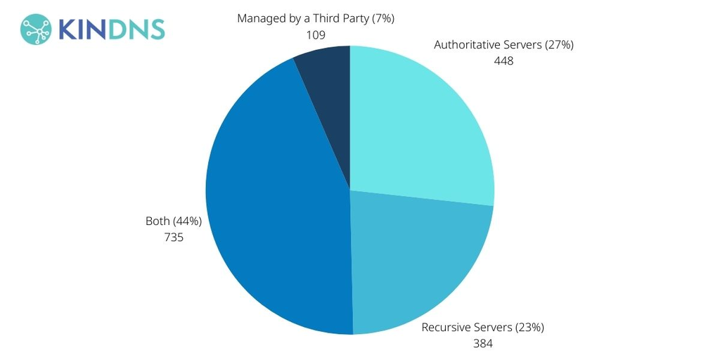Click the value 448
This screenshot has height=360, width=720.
tap(503, 60)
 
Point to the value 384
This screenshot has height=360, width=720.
tap(482, 344)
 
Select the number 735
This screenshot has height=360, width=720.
tap(173, 238)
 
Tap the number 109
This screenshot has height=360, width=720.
tap(316, 34)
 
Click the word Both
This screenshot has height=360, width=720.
tap(157, 221)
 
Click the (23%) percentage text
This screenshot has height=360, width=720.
tap(529, 328)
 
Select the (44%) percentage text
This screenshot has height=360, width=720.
tap(187, 221)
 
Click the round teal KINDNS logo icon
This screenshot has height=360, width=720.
tap(36, 29)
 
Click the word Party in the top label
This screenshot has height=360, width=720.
tap(349, 18)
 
